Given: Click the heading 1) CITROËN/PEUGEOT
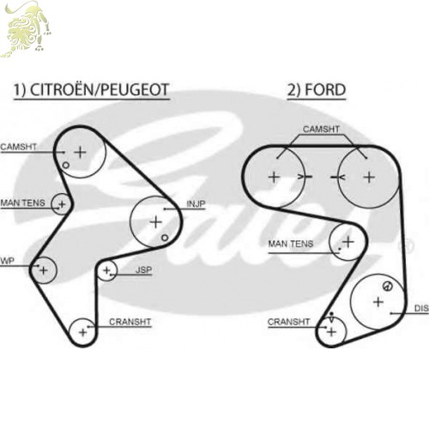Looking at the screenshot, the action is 92,90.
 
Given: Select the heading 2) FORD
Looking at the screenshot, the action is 317,90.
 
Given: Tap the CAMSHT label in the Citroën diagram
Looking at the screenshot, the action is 19,147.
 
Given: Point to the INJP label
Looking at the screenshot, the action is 196,204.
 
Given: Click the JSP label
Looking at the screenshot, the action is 143,269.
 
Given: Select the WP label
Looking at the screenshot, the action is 7,261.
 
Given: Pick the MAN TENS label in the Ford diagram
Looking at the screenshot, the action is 291,244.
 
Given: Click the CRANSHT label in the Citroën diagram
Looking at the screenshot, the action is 130,322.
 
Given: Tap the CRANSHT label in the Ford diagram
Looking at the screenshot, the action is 288,322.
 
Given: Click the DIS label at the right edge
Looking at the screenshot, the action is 421,308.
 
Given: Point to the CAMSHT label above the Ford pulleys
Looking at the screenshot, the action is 321,130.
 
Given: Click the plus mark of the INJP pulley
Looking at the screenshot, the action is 156,222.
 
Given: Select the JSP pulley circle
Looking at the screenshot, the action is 107,270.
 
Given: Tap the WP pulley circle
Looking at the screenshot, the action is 44,270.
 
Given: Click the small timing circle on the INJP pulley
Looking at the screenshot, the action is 165,238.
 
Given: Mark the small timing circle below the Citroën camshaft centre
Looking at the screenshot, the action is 66,166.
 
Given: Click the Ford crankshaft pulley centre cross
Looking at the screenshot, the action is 331,332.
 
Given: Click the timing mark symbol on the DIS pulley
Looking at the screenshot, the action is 388,286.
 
